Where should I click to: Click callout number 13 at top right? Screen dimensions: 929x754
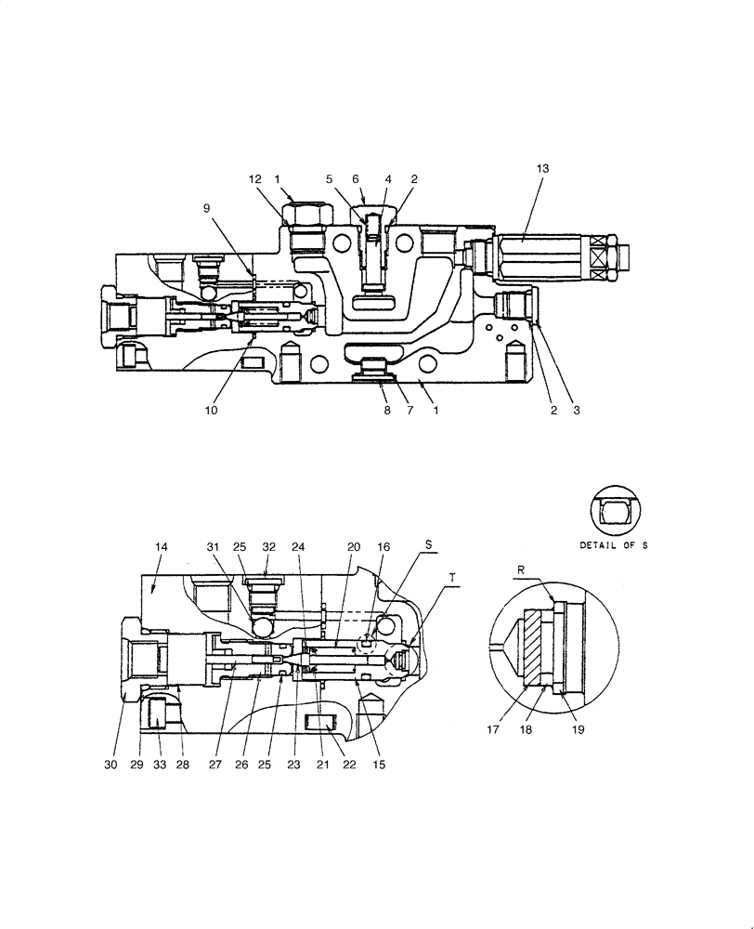tap(542, 168)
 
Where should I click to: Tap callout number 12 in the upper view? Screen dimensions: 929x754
tap(254, 178)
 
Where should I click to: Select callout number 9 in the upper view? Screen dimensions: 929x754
tap(207, 208)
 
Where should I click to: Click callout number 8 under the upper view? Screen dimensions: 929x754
tap(387, 410)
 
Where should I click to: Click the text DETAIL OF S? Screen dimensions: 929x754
tap(613, 545)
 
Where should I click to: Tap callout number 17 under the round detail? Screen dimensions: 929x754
tap(493, 730)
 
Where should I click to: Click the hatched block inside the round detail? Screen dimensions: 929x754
tap(539, 648)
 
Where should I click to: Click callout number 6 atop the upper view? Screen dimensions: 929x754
tap(355, 178)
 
